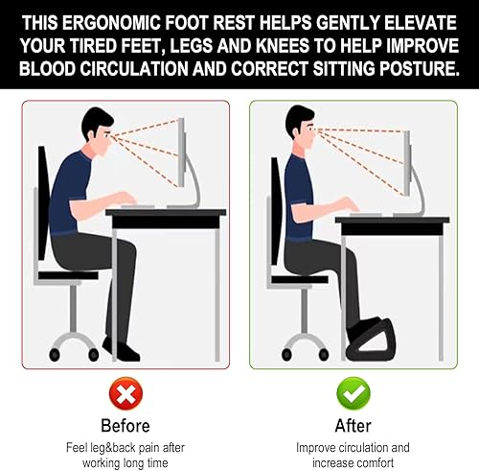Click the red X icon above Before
point(125,393)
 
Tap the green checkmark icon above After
point(354,393)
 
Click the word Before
point(125,426)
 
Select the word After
point(354,426)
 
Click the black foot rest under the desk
point(373,343)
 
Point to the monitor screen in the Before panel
point(181,153)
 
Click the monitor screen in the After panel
point(407,163)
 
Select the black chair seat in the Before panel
point(68,275)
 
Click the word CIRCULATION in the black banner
point(134,68)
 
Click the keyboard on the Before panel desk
point(138,206)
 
